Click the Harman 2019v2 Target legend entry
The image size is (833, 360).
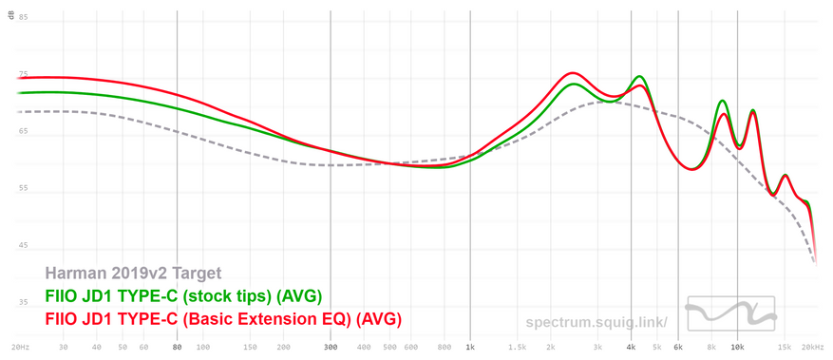tap(133, 274)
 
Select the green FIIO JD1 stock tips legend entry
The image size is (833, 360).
tap(184, 296)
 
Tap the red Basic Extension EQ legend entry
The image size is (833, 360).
tap(223, 320)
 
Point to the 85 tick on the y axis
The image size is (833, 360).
tap(24, 17)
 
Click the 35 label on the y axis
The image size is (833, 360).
tap(24, 303)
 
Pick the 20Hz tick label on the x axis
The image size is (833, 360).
tap(20, 348)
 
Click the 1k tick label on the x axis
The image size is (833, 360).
tap(470, 348)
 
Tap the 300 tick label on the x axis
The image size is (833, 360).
tap(331, 348)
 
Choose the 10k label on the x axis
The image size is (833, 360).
tap(737, 348)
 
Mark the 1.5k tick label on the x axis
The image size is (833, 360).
tap(517, 348)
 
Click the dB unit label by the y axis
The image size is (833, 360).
tap(11, 16)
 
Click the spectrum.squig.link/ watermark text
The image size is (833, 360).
tap(596, 322)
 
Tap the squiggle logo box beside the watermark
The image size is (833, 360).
tap(729, 313)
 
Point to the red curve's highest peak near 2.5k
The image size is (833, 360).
tap(572, 73)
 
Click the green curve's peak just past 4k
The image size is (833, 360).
tap(639, 76)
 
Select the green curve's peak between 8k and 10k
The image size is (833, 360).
tap(723, 101)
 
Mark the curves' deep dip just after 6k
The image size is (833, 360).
tap(691, 169)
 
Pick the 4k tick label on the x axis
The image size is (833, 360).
tap(631, 348)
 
